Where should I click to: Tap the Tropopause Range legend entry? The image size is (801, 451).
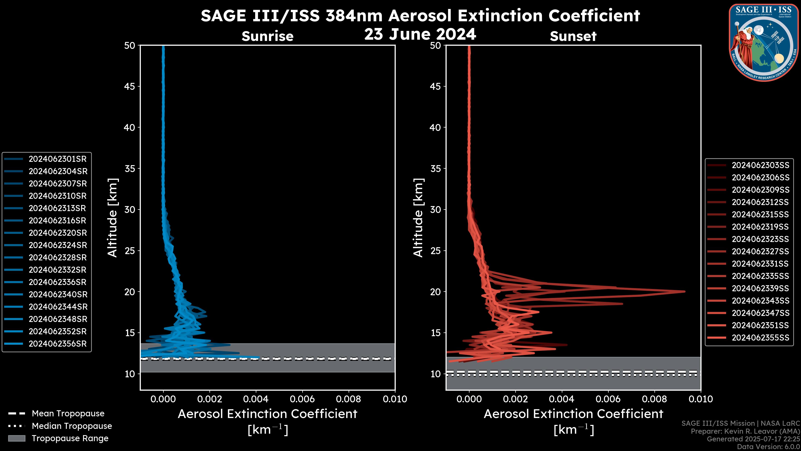58,438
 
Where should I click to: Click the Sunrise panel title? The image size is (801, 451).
267,36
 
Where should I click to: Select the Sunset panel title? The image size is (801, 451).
573,36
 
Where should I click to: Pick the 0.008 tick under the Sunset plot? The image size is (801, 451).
655,399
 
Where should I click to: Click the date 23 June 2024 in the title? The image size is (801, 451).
420,34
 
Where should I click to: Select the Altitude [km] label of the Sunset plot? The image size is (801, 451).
418,218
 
